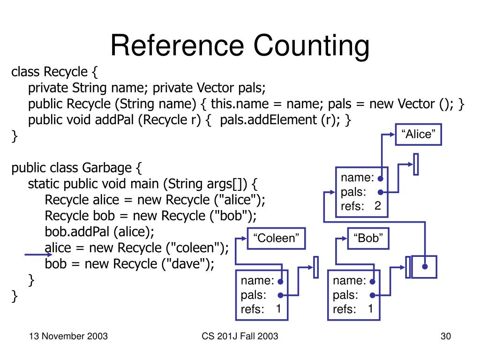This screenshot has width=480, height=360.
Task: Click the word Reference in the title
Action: (177, 46)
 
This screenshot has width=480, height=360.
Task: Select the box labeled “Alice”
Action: (418, 135)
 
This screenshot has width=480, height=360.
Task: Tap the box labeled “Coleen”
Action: (276, 238)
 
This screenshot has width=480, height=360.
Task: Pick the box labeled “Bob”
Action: (368, 238)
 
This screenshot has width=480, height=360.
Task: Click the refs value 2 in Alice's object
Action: (378, 206)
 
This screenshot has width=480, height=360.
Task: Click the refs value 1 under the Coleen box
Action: (278, 309)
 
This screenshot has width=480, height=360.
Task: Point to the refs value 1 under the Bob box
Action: (370, 309)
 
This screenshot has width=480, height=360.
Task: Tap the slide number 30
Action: (445, 336)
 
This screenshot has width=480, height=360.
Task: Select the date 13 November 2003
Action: (68, 336)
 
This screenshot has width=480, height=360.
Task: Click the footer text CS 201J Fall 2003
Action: (240, 336)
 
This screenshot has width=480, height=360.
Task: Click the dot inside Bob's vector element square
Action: (425, 266)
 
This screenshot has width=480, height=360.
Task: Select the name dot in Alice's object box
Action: (381, 178)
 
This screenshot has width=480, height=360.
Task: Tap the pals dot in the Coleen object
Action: (280, 295)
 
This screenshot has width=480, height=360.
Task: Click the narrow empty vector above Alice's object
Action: (415, 164)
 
